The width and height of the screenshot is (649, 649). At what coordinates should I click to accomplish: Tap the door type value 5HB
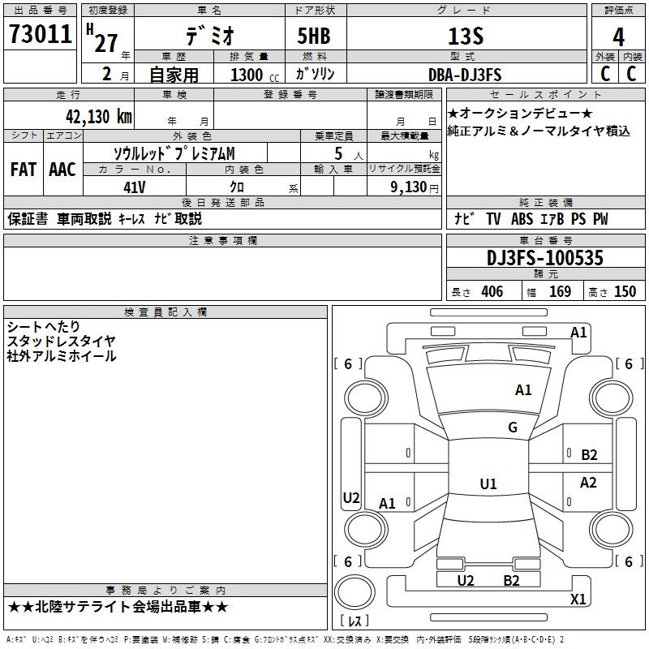tap(313, 37)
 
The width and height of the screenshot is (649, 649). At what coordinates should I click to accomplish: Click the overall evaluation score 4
tap(619, 37)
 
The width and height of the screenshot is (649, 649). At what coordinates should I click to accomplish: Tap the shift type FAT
tap(23, 169)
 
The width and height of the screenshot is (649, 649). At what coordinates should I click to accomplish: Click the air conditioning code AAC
tap(62, 169)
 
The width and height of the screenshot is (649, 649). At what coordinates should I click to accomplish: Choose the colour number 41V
tap(135, 187)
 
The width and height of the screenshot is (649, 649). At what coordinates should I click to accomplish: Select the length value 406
tap(491, 292)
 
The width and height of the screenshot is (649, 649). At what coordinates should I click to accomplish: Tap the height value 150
tap(625, 292)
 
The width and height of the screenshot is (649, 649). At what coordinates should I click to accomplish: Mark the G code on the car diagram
tap(513, 428)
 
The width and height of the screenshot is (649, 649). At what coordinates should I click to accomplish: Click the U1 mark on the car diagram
tap(488, 484)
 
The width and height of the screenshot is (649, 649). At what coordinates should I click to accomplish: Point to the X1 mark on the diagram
tap(578, 600)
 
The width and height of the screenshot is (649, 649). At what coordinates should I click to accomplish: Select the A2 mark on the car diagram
tap(588, 483)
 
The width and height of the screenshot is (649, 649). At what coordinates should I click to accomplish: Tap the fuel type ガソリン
tap(315, 74)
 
